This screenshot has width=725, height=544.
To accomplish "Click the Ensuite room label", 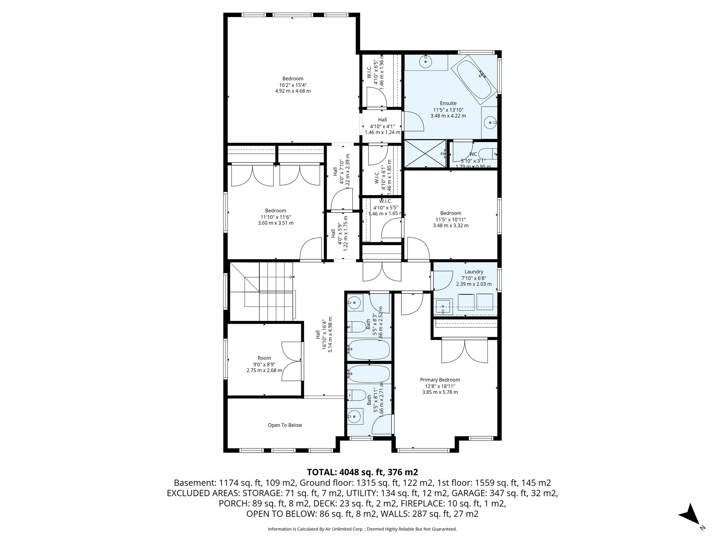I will coord(448,103).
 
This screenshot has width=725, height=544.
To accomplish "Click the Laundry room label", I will coord(474,272).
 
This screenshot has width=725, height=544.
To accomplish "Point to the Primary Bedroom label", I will coord(440,380).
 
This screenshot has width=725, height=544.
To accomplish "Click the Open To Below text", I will coord(285,425).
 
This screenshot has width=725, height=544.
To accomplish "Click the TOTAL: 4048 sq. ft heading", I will coord(362,472).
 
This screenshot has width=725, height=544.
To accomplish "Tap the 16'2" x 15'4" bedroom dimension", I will coord(292,85).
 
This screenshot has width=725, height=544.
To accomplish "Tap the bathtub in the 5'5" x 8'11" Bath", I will coord(369,373).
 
